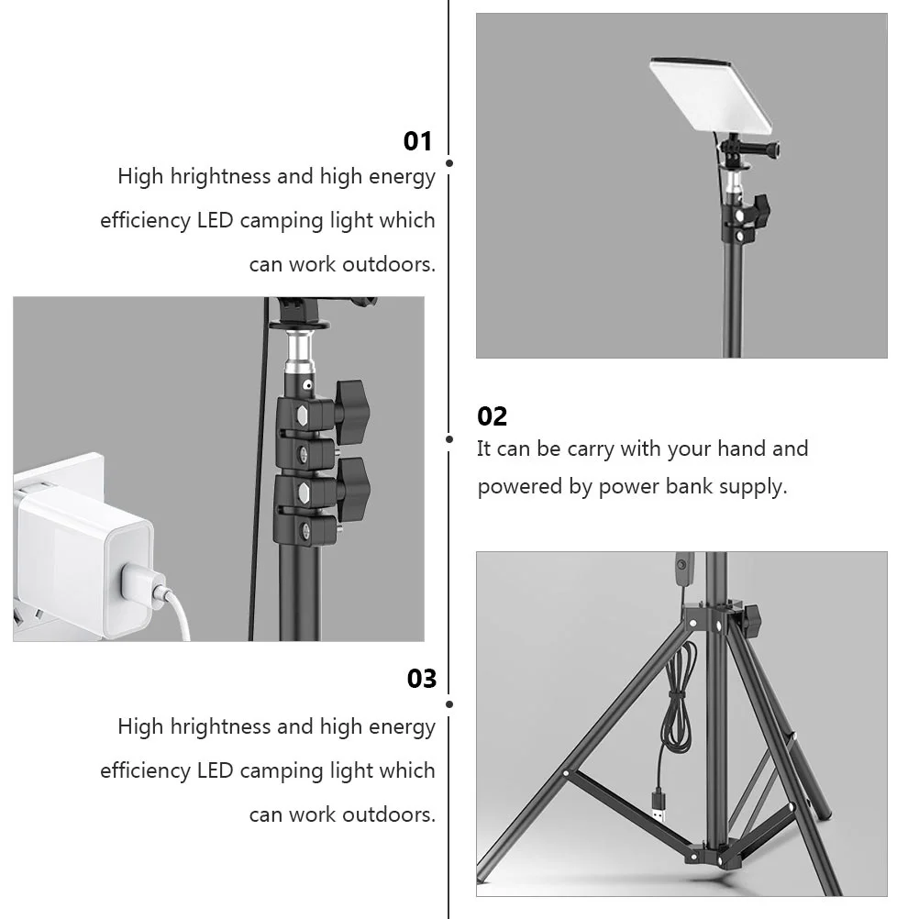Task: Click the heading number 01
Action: point(417,141)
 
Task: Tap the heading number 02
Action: point(492,416)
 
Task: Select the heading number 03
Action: point(422,679)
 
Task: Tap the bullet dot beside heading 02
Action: point(449,439)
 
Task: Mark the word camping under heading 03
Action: point(281,771)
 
